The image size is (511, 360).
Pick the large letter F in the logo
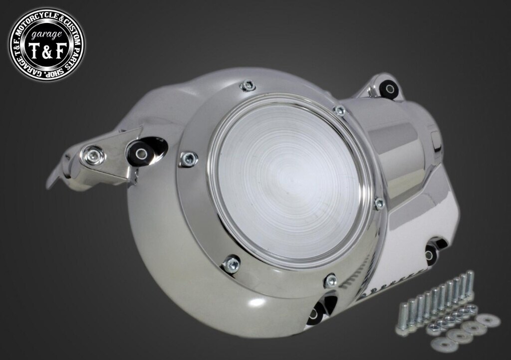point(60,51)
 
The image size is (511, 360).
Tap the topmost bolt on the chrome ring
point(248,86)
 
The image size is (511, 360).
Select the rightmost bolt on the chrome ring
point(380,204)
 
